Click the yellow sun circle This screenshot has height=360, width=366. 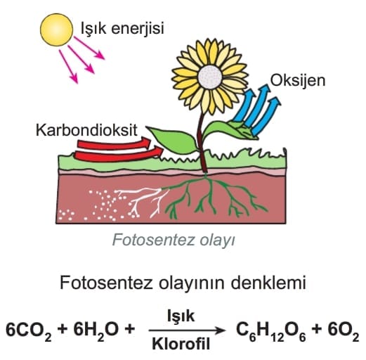tap(56, 30)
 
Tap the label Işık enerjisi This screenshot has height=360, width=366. tap(122, 29)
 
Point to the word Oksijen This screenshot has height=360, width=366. tap(298, 81)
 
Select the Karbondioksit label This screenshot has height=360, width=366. tap(86, 130)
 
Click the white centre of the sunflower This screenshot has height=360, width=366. tap(210, 77)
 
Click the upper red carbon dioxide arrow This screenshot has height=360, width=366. tap(114, 143)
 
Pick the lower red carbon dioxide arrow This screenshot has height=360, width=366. tap(119, 154)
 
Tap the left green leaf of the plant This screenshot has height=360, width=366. tap(174, 140)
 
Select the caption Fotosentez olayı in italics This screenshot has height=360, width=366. tap(174, 240)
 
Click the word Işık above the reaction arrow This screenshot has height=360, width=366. tap(181, 316)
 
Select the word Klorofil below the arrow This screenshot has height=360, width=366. tap(181, 344)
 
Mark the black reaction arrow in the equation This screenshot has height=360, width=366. tap(187, 330)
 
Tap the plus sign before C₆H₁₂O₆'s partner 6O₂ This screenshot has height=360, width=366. tap(317, 329)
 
